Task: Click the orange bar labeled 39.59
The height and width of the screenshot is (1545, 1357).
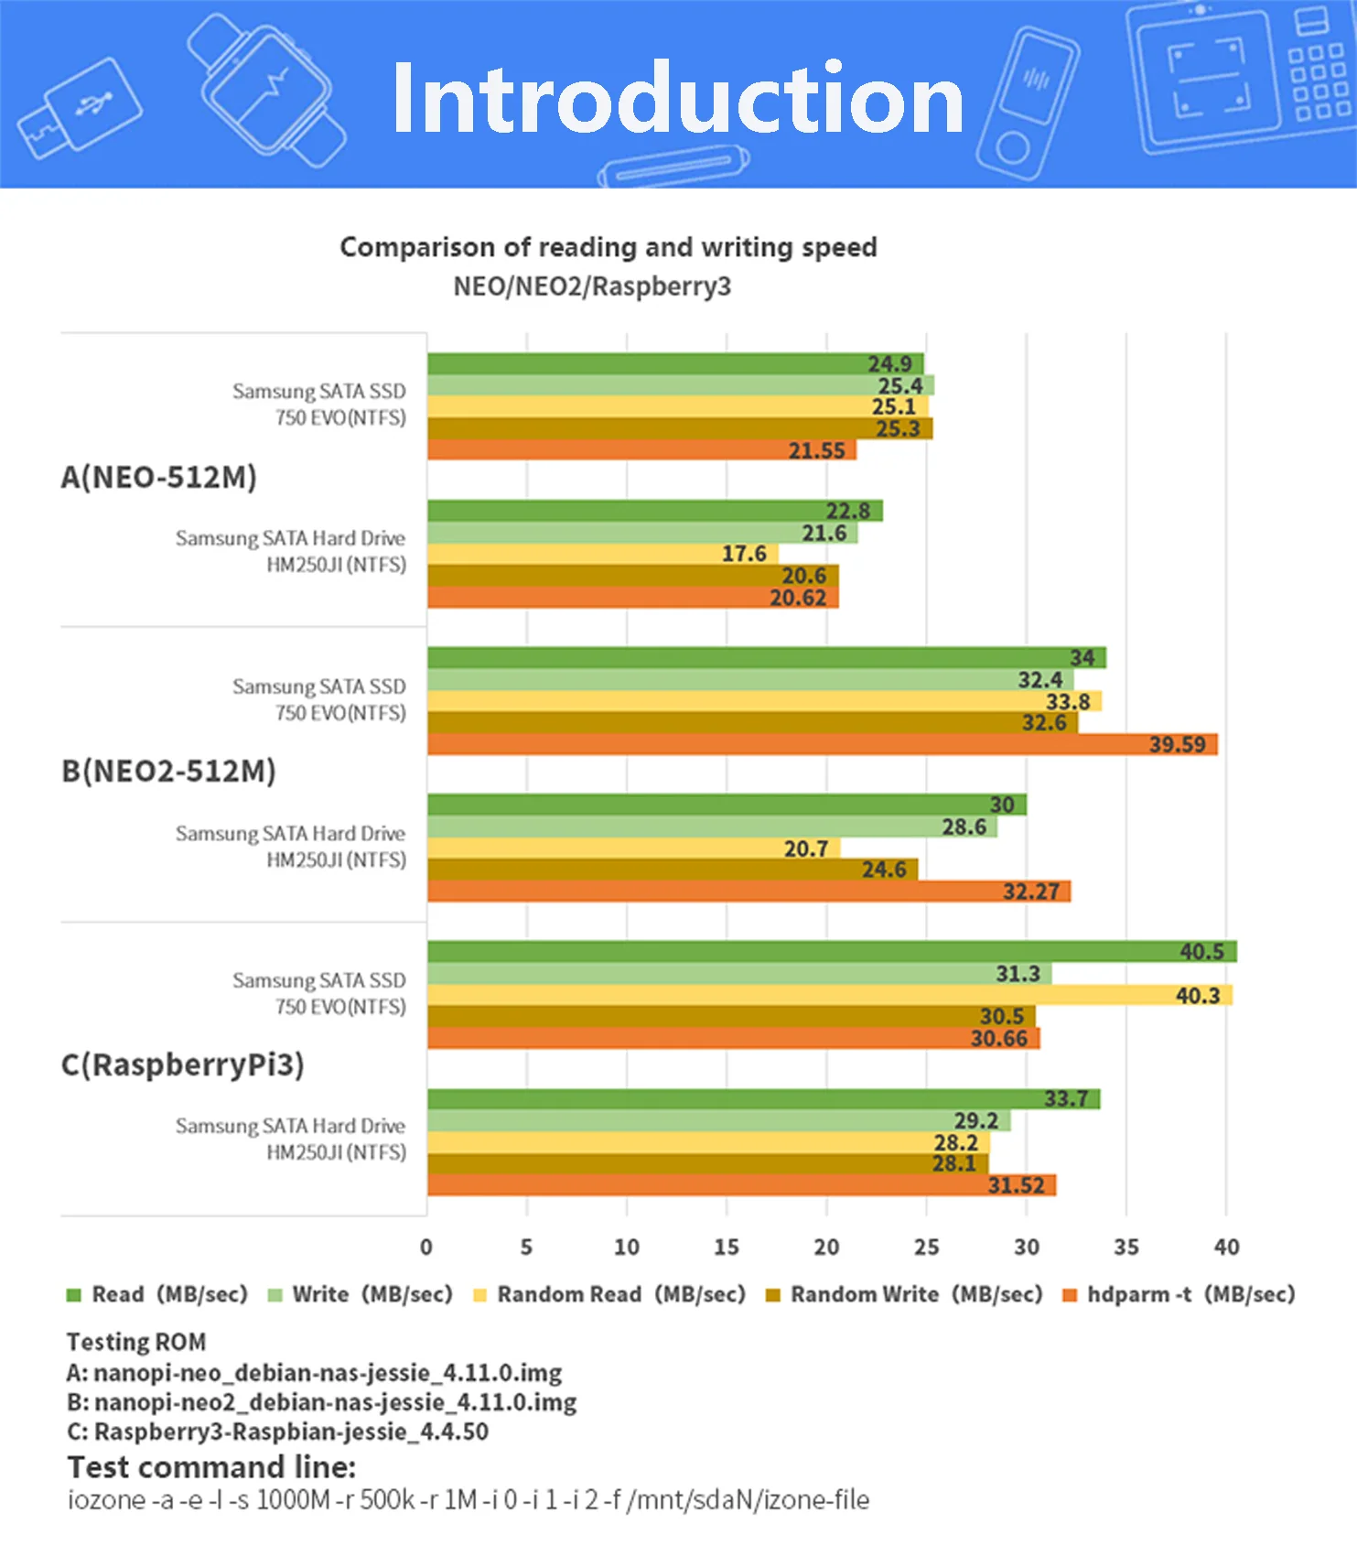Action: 822,744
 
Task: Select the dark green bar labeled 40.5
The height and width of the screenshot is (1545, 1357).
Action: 832,951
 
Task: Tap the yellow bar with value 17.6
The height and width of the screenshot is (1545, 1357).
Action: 603,554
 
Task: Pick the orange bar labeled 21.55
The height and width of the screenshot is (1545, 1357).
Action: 641,449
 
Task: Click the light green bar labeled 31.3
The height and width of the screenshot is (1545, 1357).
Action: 739,973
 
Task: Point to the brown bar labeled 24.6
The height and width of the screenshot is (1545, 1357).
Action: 673,870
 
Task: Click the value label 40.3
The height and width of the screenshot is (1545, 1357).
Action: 1198,995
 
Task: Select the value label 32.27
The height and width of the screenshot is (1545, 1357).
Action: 1031,891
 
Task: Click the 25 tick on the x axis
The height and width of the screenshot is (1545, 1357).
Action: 926,1247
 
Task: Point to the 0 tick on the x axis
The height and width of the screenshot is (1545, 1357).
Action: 426,1247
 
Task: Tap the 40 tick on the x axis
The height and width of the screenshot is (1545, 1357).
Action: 1226,1247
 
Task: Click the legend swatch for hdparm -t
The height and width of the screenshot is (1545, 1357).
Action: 1069,1295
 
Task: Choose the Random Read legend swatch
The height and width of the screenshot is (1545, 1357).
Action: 479,1295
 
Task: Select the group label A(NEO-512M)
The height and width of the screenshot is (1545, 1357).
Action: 158,477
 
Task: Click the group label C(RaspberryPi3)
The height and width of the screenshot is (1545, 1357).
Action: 182,1065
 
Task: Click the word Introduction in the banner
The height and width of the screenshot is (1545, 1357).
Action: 678,98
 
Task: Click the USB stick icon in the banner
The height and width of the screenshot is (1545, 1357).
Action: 79,109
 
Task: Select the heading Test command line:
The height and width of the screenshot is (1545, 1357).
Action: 211,1467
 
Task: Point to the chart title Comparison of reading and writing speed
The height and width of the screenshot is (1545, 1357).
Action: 608,247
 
